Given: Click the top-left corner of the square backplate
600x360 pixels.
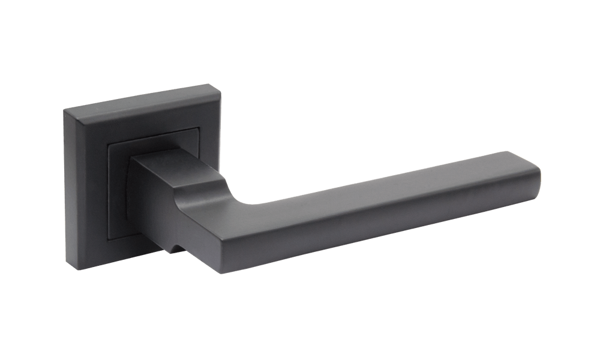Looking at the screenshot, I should click(64, 107).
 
